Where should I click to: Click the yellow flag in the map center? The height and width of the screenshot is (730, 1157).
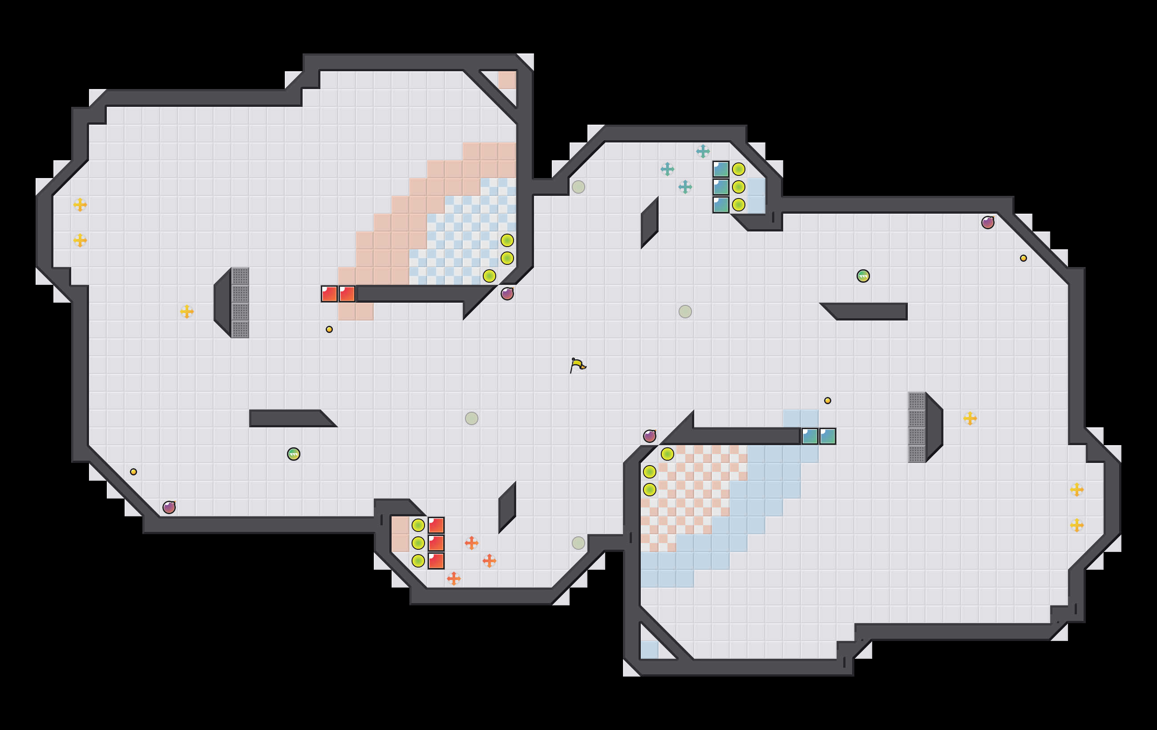click(x=578, y=365)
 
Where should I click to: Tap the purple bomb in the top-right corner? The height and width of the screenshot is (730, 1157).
click(x=987, y=223)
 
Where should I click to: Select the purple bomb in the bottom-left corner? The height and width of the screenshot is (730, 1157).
click(x=169, y=507)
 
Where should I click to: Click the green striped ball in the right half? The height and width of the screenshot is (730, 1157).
click(x=863, y=276)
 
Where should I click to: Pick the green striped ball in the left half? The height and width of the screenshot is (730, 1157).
click(x=293, y=454)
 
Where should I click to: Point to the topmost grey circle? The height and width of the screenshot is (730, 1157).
click(x=578, y=187)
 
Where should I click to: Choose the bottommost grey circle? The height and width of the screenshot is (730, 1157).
click(x=578, y=543)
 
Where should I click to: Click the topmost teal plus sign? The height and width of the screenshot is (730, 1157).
click(x=703, y=151)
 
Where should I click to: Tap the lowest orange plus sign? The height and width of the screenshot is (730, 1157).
click(x=453, y=579)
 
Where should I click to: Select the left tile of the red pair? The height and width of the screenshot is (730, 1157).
click(x=329, y=294)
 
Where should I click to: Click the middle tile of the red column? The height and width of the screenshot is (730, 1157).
click(x=436, y=543)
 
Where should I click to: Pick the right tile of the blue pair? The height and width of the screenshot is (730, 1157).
click(x=827, y=436)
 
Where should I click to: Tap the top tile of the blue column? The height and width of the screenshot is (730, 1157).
click(x=721, y=169)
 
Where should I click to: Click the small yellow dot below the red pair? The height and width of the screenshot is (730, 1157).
click(x=329, y=329)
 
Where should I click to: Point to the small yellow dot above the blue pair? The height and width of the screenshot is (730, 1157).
click(x=827, y=400)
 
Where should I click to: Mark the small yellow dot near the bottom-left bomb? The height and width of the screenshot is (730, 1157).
click(x=133, y=472)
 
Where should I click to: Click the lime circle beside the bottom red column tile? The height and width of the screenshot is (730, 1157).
click(x=418, y=561)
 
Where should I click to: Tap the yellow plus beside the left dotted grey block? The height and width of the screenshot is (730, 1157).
click(x=187, y=312)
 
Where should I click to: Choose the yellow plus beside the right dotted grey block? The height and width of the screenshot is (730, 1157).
click(x=970, y=418)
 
